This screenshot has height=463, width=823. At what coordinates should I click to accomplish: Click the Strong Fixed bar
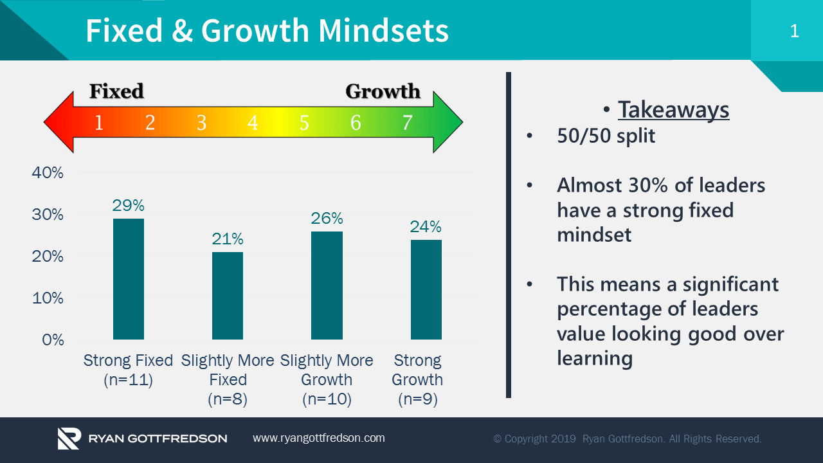click(129, 279)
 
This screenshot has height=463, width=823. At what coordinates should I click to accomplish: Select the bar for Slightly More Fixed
click(228, 296)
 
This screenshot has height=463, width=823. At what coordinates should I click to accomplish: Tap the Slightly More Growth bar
click(327, 286)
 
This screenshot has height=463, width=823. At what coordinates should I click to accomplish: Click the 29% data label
click(129, 206)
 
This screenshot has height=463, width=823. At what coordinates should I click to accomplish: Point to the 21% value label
click(228, 239)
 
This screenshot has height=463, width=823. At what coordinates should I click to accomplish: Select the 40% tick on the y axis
click(48, 173)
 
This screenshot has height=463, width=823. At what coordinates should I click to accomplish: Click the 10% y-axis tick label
click(48, 298)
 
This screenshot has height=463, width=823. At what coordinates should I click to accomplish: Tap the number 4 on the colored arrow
click(253, 122)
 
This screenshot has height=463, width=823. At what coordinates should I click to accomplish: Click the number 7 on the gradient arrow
click(407, 122)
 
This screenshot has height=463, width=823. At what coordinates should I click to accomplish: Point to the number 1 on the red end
click(99, 122)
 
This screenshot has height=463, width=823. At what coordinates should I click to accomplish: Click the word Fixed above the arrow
click(116, 91)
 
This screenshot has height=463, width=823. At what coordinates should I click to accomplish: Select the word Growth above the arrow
click(383, 91)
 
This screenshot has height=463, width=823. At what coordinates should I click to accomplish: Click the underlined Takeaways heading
click(673, 110)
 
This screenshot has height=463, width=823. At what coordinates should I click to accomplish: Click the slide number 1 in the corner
click(794, 31)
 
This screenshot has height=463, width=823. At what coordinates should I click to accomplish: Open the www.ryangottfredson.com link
click(319, 438)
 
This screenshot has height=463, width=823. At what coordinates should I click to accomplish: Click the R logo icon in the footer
click(69, 438)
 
